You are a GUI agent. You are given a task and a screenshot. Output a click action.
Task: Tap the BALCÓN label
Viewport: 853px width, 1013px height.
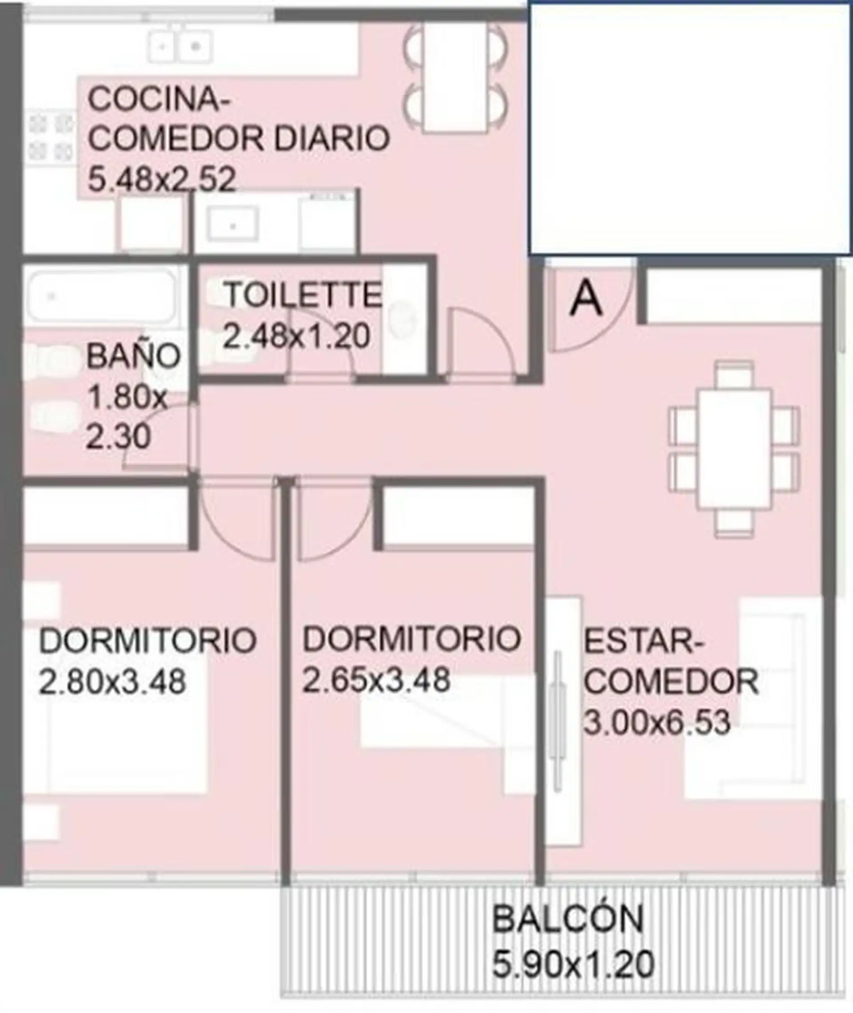pyautogui.click(x=568, y=919)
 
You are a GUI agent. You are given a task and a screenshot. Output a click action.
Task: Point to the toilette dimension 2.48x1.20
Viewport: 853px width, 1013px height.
pyautogui.click(x=296, y=336)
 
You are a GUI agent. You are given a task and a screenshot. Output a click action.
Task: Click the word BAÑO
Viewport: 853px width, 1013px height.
pyautogui.click(x=133, y=356)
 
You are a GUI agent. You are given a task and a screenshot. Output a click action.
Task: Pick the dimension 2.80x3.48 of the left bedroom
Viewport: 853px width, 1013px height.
pyautogui.click(x=112, y=682)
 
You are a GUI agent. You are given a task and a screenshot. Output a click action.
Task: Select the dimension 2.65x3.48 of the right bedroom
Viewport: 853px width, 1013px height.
pyautogui.click(x=376, y=679)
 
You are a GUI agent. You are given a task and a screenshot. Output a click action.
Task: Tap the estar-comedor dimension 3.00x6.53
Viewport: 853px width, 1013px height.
pyautogui.click(x=657, y=723)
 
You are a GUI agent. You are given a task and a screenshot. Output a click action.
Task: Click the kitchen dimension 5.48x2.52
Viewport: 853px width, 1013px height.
pyautogui.click(x=162, y=180)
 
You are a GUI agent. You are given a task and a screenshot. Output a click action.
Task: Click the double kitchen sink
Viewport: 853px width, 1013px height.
pyautogui.click(x=179, y=46)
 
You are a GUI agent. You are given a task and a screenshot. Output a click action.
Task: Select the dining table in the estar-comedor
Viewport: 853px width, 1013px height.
pyautogui.click(x=733, y=449)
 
